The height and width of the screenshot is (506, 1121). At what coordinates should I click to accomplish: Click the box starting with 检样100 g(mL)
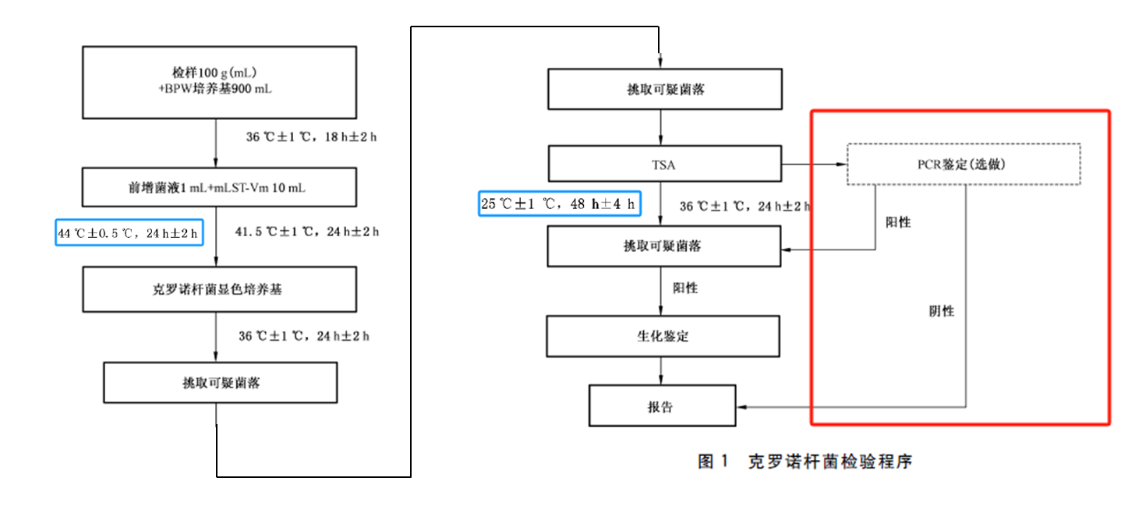[x=219, y=82]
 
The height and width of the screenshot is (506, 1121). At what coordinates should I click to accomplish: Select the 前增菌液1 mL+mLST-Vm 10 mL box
[x=219, y=188]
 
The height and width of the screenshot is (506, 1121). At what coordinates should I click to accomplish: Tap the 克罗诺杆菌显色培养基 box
[x=219, y=289]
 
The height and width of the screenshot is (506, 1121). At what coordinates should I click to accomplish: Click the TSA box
[x=664, y=165]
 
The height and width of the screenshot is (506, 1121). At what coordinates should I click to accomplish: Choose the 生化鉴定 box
[x=662, y=337]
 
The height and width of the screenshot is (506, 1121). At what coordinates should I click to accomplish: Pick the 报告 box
[x=661, y=406]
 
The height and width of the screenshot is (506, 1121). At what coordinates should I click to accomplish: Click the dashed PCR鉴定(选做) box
[x=964, y=165]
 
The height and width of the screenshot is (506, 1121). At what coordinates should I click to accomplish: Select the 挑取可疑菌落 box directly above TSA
[x=664, y=90]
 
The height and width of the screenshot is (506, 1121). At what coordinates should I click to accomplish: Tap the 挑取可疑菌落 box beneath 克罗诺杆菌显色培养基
[x=221, y=383]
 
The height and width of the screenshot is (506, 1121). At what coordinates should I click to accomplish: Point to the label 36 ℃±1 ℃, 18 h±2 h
[x=312, y=136]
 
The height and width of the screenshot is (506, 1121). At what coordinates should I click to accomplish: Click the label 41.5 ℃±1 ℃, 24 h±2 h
[x=307, y=232]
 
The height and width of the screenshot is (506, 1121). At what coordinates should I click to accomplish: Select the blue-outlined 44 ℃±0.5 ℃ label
[x=129, y=232]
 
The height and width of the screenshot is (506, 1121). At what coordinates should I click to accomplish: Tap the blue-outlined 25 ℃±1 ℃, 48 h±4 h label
[x=560, y=205]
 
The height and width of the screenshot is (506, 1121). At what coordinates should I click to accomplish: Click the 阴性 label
[x=941, y=311]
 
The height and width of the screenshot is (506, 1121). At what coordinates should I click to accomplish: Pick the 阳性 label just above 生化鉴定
[x=685, y=288]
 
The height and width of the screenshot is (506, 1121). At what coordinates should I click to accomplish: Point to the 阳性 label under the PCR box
[x=898, y=222]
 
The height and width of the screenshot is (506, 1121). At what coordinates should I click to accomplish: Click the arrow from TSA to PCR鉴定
[x=815, y=165]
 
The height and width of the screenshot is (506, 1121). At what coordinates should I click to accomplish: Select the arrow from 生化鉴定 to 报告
[x=662, y=370]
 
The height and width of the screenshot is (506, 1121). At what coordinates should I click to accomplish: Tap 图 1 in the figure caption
[x=713, y=461]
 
